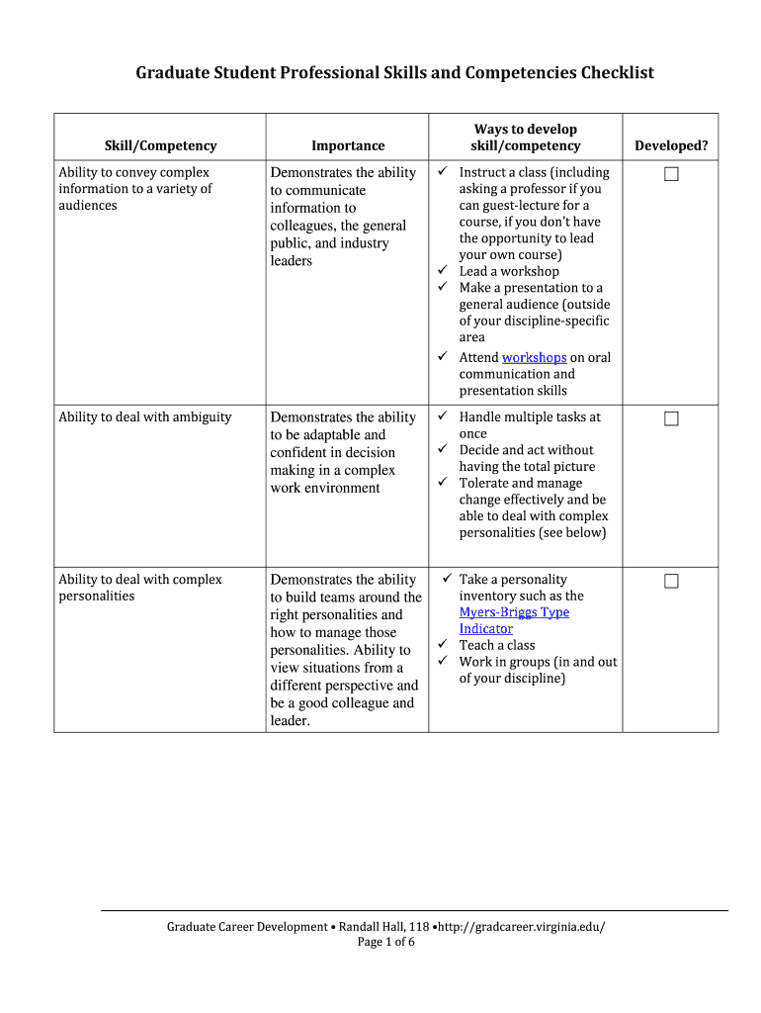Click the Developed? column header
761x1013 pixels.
(671, 145)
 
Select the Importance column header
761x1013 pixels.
(348, 145)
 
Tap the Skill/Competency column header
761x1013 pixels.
(160, 145)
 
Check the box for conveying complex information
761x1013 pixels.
(671, 174)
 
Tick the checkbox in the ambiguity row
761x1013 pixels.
(671, 418)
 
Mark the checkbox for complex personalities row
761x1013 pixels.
(671, 581)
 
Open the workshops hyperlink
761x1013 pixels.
(534, 357)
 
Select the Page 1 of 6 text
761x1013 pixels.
(385, 942)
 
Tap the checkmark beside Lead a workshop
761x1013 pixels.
(443, 271)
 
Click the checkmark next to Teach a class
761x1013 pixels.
(443, 645)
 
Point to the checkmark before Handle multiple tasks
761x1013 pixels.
(443, 416)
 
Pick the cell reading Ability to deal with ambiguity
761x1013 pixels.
(145, 416)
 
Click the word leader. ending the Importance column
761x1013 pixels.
(291, 721)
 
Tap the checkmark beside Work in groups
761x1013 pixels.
(443, 662)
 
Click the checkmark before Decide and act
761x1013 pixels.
(443, 450)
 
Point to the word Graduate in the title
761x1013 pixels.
(173, 73)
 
